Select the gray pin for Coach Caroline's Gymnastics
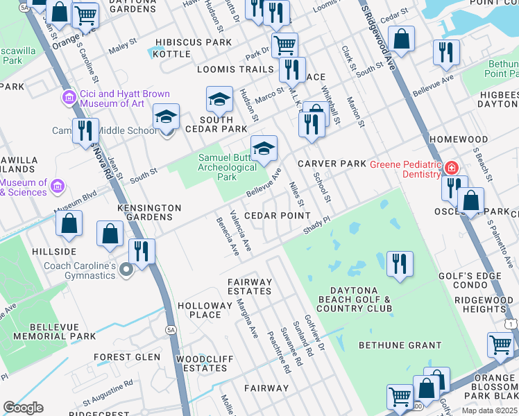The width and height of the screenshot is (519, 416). point(126,270)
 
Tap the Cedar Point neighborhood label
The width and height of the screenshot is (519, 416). point(277,216)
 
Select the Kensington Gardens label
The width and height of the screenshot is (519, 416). point(149,212)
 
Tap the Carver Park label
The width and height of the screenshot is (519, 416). point(332,164)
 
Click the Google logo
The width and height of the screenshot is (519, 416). point(24,408)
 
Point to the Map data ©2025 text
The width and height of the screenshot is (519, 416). point(489,410)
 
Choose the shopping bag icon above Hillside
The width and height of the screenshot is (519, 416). point(69,224)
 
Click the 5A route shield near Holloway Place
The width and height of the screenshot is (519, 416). point(171,330)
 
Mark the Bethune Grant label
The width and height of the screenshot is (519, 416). point(400,345)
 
